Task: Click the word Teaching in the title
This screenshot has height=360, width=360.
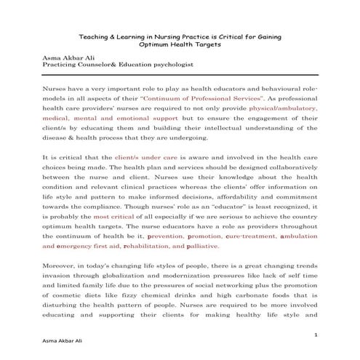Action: (94, 36)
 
